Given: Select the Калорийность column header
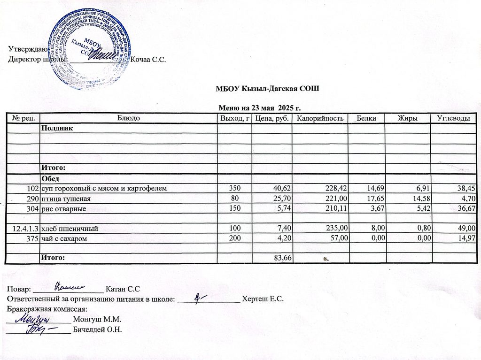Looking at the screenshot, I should click(x=317, y=119).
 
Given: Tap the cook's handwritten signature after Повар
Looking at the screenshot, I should click(x=70, y=285).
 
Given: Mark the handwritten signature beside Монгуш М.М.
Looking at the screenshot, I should click(x=35, y=319).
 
